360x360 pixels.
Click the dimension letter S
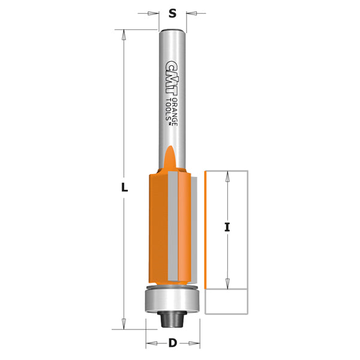coord(172,13)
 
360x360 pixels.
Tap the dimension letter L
coord(124,187)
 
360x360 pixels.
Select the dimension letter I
coord(228,227)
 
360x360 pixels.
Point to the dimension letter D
coord(173,344)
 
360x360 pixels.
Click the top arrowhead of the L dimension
coord(124,35)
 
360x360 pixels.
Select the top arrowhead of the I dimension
coord(228,176)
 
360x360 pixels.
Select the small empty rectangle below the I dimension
coord(226,302)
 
